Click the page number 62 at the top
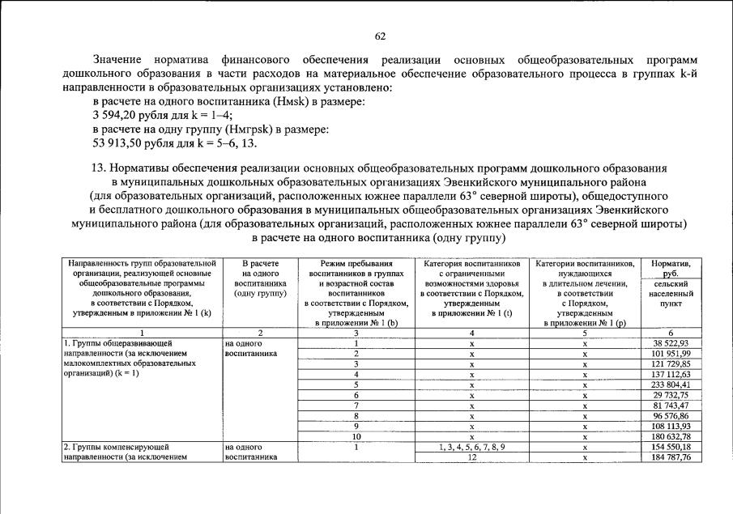[x=380, y=36]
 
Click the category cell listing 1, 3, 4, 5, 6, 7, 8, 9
[x=471, y=447]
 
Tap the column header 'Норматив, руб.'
[x=670, y=269]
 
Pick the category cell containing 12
[x=471, y=457]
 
